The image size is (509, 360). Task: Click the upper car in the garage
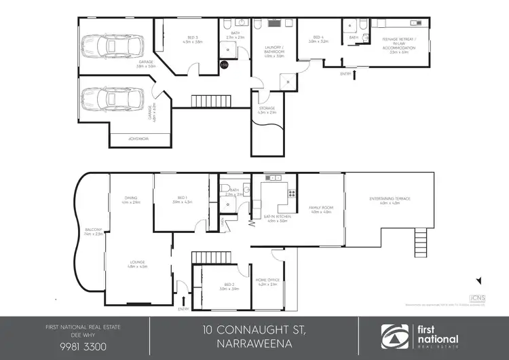pyautogui.click(x=113, y=47)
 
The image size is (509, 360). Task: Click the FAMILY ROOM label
pyautogui.click(x=320, y=209)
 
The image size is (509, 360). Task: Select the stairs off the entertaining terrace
pyautogui.click(x=421, y=241)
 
